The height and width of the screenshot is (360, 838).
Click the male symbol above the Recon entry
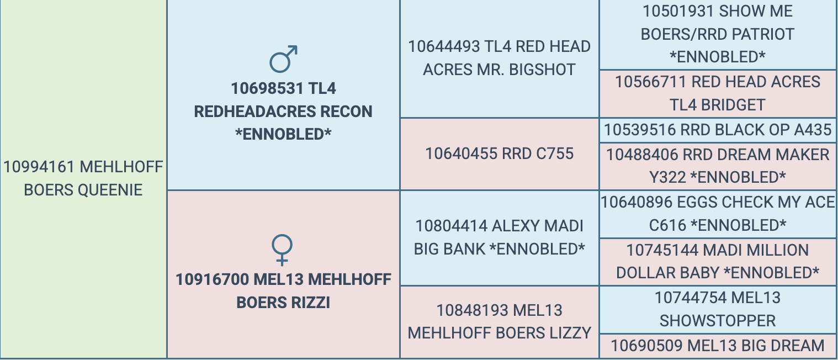(x=283, y=59)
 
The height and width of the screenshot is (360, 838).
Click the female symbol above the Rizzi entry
(x=282, y=250)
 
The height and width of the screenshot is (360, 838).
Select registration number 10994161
(x=39, y=167)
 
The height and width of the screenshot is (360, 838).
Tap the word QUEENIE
(x=110, y=190)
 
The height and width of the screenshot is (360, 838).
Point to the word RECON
(x=347, y=112)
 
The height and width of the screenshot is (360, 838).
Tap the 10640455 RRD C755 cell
(x=500, y=154)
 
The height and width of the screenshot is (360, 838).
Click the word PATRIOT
(x=763, y=34)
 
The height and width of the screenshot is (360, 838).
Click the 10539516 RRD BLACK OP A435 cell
(x=718, y=130)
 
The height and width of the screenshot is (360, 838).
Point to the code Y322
(x=668, y=177)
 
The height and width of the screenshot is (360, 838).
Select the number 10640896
(x=637, y=203)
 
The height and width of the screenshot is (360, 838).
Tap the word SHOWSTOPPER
(x=718, y=321)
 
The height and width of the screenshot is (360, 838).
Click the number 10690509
(x=646, y=346)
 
